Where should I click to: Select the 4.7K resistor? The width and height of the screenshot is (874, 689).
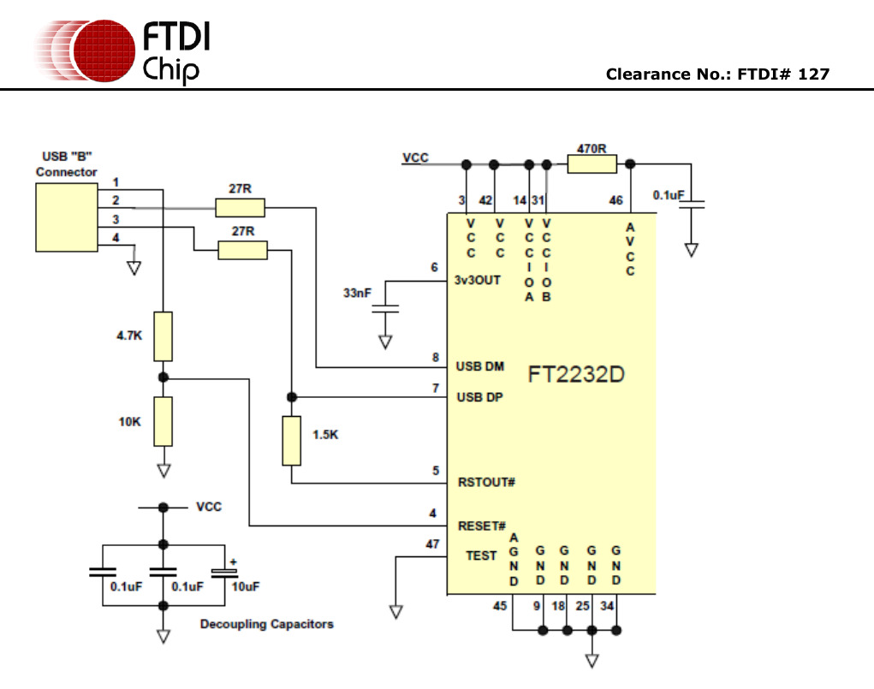click(164, 336)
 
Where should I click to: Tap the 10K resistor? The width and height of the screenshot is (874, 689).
click(164, 421)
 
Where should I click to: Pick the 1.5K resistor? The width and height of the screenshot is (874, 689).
click(292, 440)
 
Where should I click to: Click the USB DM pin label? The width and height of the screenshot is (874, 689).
click(479, 366)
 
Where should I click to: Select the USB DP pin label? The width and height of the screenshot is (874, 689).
click(479, 397)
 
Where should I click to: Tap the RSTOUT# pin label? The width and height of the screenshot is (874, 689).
click(486, 482)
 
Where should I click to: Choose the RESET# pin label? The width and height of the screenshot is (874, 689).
click(482, 526)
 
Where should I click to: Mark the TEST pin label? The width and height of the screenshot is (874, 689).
click(481, 555)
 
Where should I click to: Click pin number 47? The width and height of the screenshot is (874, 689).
click(432, 543)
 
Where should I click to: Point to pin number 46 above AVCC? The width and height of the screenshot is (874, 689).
click(615, 200)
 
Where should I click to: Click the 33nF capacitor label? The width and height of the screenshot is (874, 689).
click(357, 293)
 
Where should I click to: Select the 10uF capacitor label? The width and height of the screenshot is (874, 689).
click(245, 586)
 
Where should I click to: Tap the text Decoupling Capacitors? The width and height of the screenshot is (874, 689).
click(267, 624)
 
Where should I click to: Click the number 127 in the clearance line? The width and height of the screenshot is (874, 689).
click(813, 74)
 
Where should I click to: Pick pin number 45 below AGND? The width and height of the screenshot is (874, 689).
click(500, 607)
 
